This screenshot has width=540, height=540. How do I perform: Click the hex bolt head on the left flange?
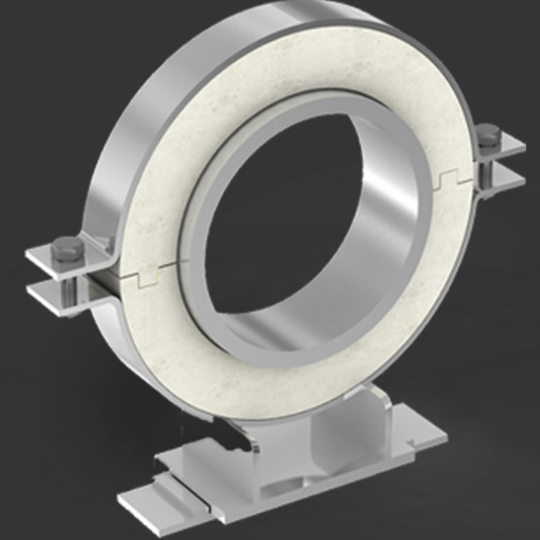point(67,248)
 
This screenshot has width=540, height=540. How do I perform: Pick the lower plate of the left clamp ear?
point(47,292)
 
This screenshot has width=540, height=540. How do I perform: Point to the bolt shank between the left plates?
point(69,287)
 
